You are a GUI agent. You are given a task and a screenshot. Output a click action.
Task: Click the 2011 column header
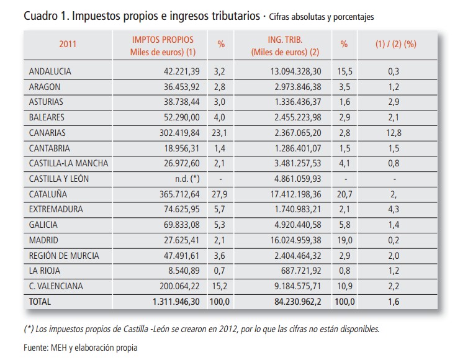pos(68,44)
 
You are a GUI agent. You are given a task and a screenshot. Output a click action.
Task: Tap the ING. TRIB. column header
pos(285,40)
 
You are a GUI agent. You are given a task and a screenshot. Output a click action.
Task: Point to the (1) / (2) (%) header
pos(395,44)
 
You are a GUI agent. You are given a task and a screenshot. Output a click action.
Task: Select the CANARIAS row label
pos(48,133)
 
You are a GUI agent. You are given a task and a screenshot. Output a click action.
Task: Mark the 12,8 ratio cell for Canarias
pos(393,133)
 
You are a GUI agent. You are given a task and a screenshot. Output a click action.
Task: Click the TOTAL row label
pos(41,302)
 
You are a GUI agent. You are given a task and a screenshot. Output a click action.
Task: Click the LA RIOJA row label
pos(46,271)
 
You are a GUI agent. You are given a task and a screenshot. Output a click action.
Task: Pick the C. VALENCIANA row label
pos(56,286)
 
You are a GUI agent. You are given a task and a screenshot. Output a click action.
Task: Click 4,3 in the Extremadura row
pos(393,210)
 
